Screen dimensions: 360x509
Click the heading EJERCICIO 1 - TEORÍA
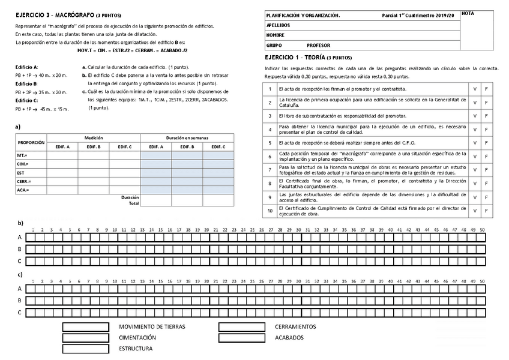tap(309, 58)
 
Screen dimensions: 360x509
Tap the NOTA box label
tap(469, 13)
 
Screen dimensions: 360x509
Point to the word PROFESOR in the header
tap(318, 45)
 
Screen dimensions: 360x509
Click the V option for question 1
tap(475, 89)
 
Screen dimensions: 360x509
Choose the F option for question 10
tap(487, 211)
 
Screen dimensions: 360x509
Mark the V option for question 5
tap(475, 143)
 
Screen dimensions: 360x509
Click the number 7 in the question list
tap(270, 170)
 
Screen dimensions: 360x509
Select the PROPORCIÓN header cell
tap(31, 142)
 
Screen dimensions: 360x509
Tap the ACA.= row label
tap(23, 190)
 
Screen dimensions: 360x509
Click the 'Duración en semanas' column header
tap(187, 138)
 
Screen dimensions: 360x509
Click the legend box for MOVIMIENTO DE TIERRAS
tap(85, 327)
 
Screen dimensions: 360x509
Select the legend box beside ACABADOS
tap(241, 338)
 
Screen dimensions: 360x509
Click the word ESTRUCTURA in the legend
tap(136, 348)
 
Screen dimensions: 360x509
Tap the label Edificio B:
tap(26, 84)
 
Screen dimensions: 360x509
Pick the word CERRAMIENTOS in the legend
tap(295, 327)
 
